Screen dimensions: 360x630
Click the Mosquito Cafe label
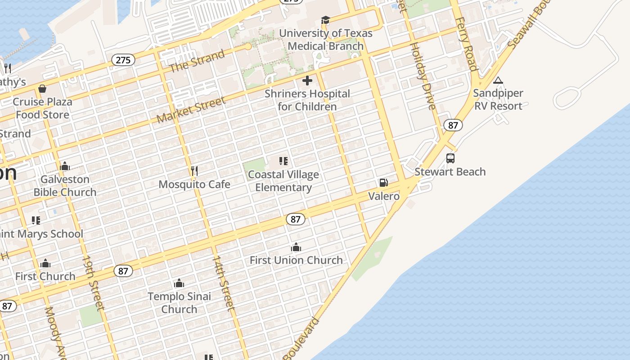194,184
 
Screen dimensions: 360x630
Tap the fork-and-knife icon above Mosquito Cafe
194,171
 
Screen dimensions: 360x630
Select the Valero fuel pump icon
383,183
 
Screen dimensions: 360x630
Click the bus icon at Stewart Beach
450,158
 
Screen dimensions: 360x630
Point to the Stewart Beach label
450,172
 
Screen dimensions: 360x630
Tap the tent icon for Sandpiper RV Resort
498,81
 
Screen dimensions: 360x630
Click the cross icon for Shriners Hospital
307,81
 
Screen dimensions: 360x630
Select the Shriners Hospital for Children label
307,100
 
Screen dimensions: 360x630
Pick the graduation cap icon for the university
325,20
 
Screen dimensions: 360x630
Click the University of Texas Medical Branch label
325,40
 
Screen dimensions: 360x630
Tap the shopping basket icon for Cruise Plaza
42,89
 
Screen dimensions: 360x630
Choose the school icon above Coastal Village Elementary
283,161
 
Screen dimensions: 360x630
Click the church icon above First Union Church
296,247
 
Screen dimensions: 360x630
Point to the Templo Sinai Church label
179,303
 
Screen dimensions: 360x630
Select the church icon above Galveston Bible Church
65,166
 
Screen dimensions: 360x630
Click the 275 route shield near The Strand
123,60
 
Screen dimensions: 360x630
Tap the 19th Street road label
93,283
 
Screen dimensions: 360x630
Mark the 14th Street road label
223,283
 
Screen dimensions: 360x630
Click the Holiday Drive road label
423,76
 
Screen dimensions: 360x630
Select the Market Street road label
191,110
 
